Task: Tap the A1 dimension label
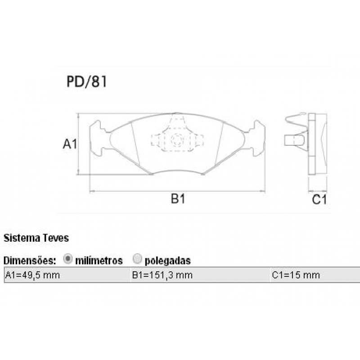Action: coord(70,144)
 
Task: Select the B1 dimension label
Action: coord(178,199)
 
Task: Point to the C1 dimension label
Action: coord(319,200)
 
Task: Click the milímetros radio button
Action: coord(68,259)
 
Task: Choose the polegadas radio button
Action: coord(138,259)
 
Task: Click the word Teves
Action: coord(56,238)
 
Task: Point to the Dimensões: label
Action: coord(30,260)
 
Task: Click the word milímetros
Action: coord(99,260)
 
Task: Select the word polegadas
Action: coord(168,260)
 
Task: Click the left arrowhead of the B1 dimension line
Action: coord(92,191)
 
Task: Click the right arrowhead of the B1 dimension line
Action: coord(263,191)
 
